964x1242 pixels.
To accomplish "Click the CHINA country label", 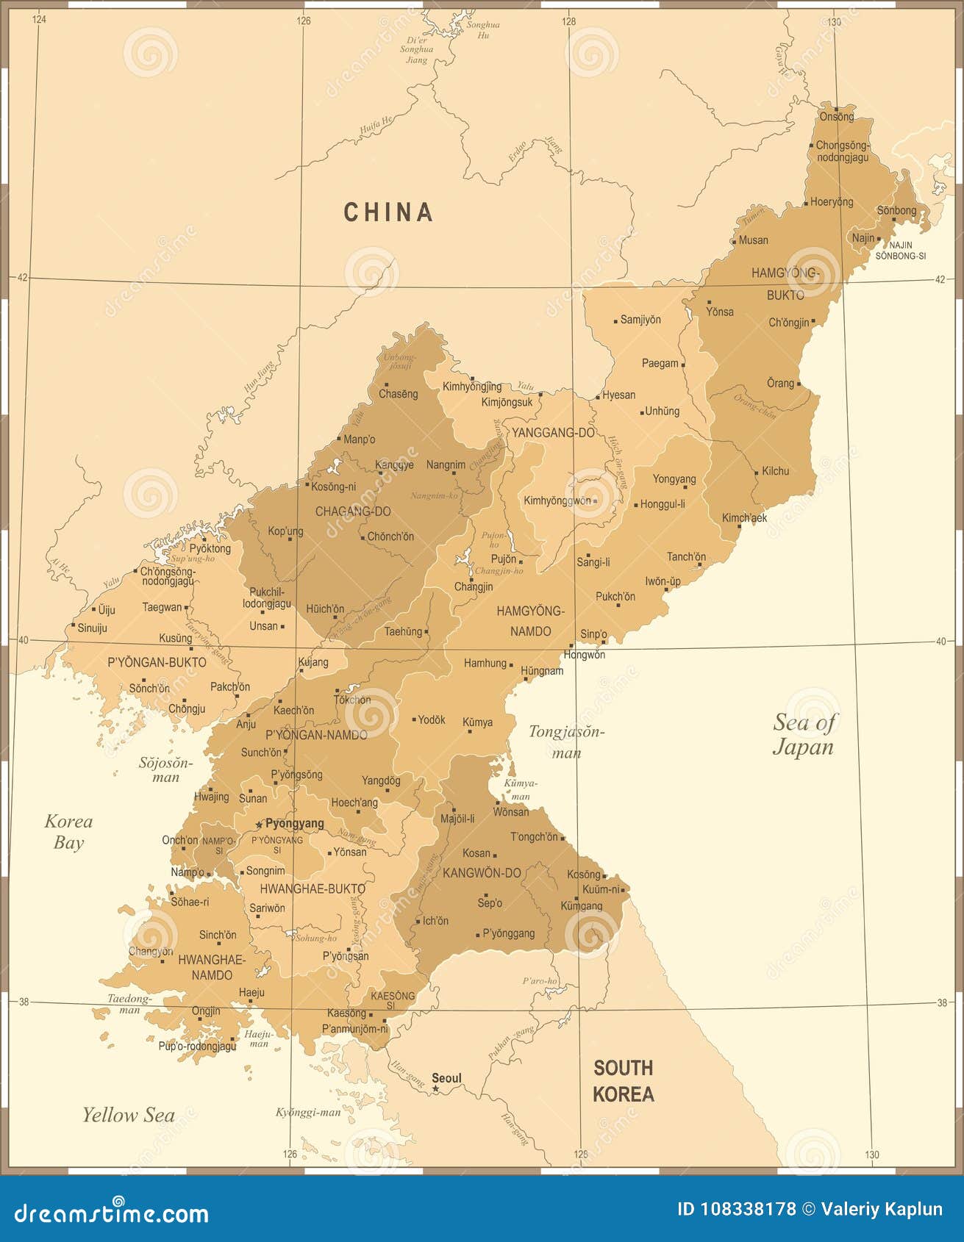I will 388,212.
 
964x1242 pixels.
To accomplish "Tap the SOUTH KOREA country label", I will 623,1080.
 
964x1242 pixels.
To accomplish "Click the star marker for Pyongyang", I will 259,825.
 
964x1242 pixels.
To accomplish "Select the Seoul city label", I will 446,1078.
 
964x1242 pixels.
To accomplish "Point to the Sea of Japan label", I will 803,734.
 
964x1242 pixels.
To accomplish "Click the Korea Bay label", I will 68,832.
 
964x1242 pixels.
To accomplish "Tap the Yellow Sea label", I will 128,1115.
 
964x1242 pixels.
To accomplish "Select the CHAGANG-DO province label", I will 353,511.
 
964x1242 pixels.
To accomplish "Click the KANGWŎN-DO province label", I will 482,873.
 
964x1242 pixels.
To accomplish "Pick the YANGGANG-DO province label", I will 553,433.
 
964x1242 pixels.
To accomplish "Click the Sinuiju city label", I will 93,628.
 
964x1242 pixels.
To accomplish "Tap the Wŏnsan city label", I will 510,812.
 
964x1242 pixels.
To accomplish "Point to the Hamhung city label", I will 485,663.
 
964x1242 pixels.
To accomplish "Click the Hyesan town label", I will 618,395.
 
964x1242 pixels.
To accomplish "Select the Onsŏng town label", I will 837,116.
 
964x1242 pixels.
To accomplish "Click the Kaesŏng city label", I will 346,1013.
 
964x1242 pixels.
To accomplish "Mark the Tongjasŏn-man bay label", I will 566,742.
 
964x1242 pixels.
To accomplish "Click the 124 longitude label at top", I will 39,20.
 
